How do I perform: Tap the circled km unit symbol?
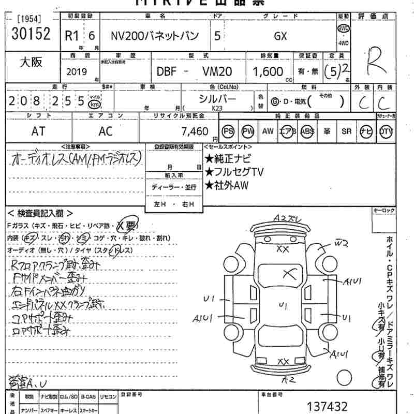pyautogui.click(x=95, y=102)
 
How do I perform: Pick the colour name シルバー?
pyautogui.click(x=217, y=98)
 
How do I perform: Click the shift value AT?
pyautogui.click(x=38, y=131)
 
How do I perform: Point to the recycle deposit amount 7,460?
pyautogui.click(x=193, y=131)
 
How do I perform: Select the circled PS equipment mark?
pyautogui.click(x=228, y=131)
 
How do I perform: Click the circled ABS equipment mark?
pyautogui.click(x=307, y=131)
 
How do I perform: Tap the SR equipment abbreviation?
pyautogui.click(x=346, y=131)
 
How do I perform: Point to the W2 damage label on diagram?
pyautogui.click(x=340, y=242)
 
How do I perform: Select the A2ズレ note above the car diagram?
pyautogui.click(x=287, y=218)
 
